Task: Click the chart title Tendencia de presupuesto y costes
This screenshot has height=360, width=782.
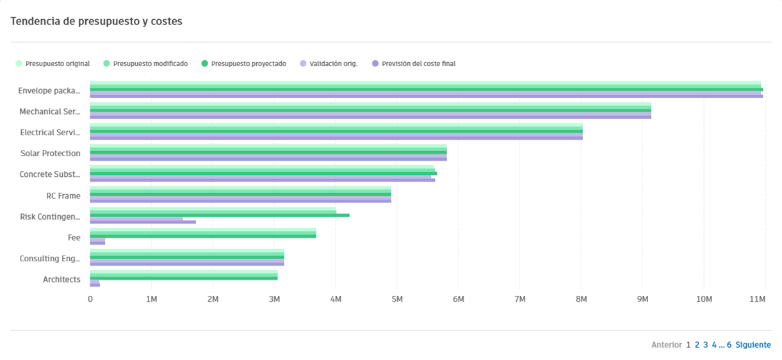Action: pos(96,21)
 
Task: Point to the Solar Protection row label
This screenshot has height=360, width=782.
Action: pos(51,153)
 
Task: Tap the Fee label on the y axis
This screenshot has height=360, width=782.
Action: pos(74,238)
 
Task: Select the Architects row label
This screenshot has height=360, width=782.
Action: pos(61,279)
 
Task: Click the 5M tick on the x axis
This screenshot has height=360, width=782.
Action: pos(396,299)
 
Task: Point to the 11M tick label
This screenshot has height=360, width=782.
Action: pos(758,299)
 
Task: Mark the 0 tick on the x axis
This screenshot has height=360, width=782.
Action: pos(90,299)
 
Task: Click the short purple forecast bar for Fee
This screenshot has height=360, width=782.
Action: pos(97,243)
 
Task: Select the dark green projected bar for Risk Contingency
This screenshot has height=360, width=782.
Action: pos(220,215)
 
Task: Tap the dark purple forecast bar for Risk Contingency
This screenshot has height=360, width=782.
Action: pos(143,222)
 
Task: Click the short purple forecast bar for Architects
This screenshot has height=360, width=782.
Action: pos(95,284)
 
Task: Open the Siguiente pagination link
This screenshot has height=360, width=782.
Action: pos(753,345)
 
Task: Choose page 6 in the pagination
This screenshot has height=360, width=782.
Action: pos(729,345)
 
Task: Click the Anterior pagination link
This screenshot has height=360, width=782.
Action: pos(666,345)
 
